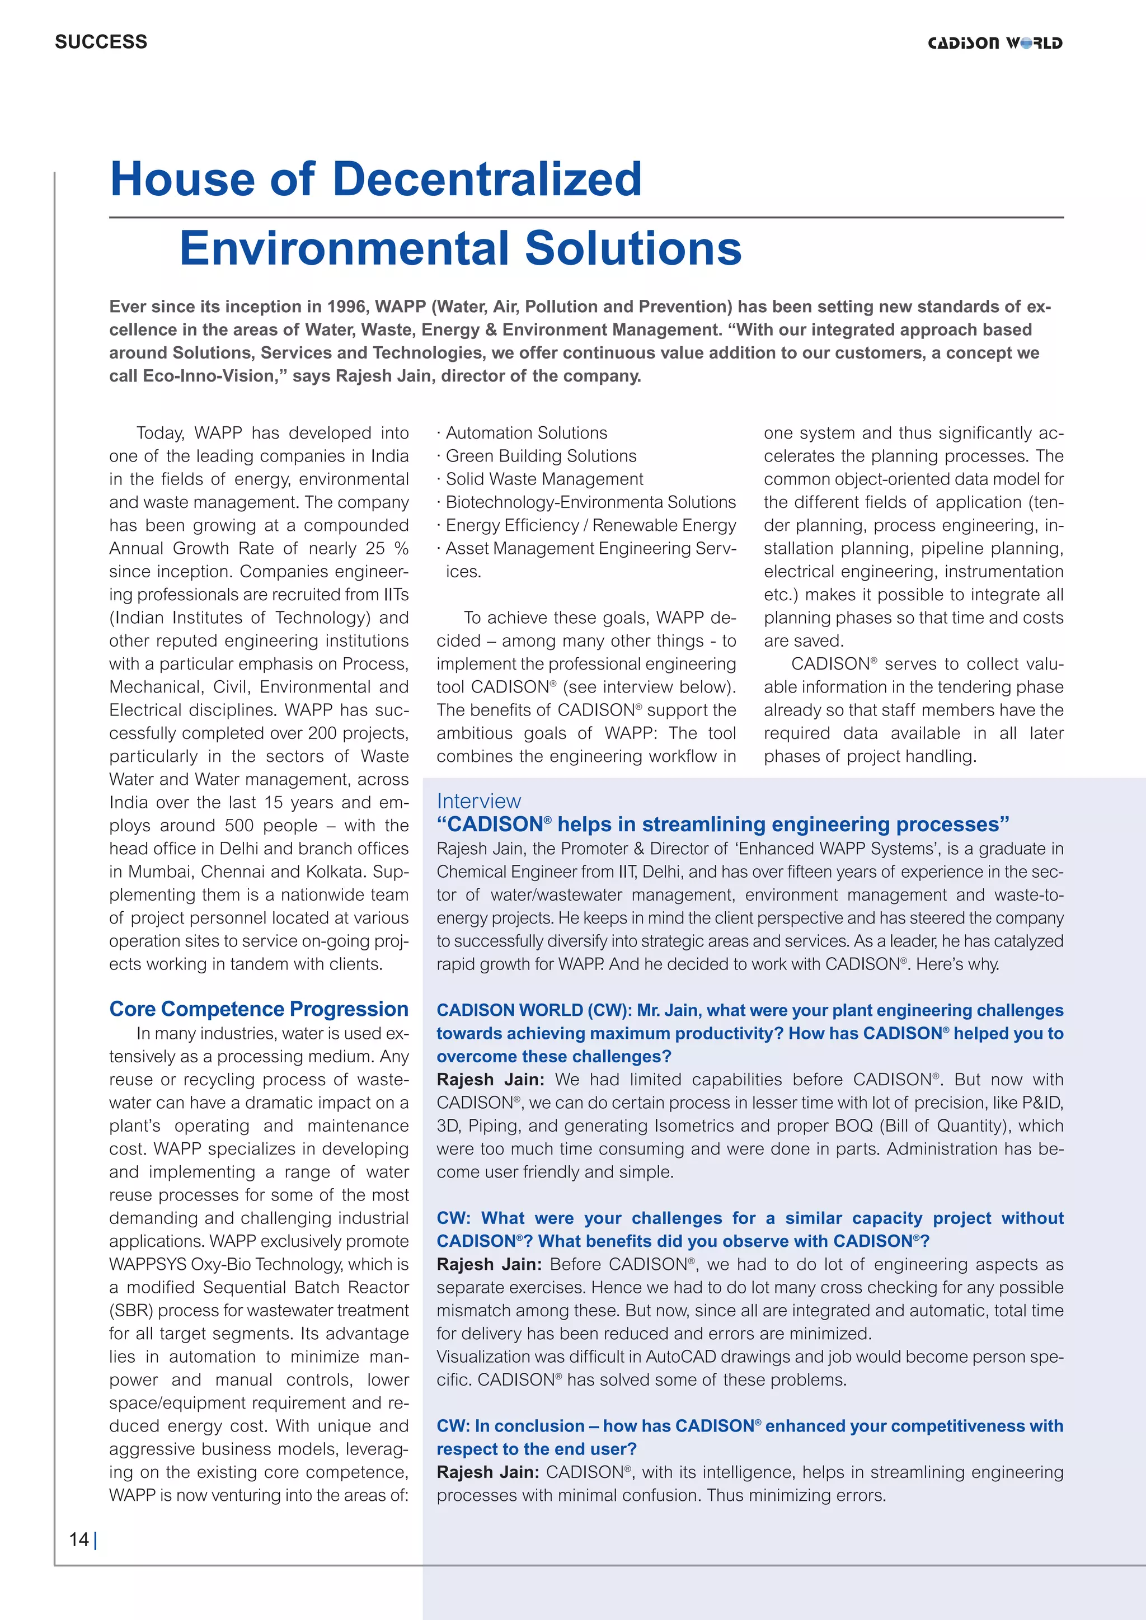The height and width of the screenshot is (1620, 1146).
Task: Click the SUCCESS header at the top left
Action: tap(101, 41)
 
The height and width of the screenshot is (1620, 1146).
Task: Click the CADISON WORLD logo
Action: tap(994, 43)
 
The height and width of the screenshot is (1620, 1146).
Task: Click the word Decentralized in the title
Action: tap(486, 179)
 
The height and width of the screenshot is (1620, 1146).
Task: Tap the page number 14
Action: tap(78, 1539)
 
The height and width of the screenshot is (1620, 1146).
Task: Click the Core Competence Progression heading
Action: tap(259, 1009)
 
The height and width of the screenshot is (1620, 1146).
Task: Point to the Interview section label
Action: tap(478, 801)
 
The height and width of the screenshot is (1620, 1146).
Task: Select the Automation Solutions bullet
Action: tap(526, 432)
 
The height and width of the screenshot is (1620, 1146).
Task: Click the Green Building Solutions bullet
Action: tap(541, 456)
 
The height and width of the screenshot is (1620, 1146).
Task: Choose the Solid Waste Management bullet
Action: tap(544, 479)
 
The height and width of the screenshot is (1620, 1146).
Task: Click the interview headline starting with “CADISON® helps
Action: tap(722, 824)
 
